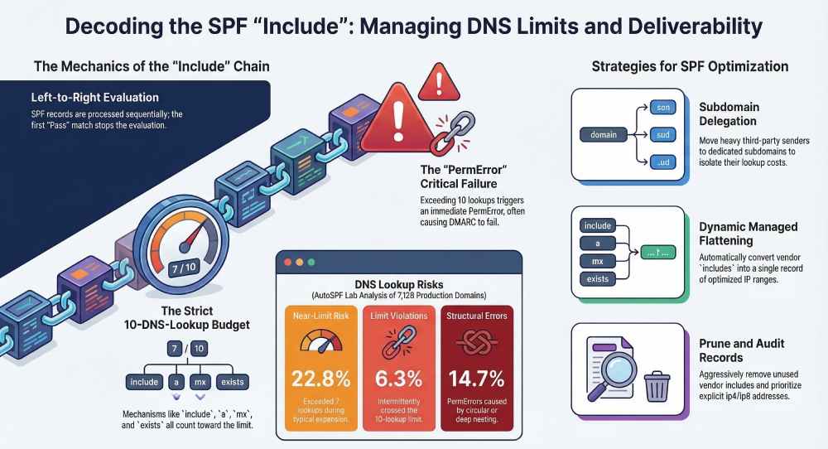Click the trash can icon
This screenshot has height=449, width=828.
pyautogui.click(x=657, y=385)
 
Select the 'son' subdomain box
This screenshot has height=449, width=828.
pyautogui.click(x=664, y=108)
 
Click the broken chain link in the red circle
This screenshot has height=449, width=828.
pyautogui.click(x=452, y=133)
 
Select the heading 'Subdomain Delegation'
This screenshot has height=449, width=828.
pyautogui.click(x=729, y=114)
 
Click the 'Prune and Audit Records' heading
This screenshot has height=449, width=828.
pyautogui.click(x=741, y=350)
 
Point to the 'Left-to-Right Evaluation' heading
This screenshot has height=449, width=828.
pyautogui.click(x=85, y=98)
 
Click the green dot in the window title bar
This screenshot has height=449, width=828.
pyautogui.click(x=310, y=262)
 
